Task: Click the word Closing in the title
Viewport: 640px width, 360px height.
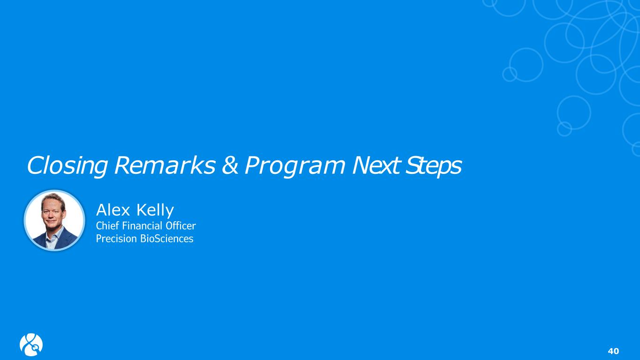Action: pos(67,166)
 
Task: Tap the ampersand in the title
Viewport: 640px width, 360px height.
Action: pos(230,165)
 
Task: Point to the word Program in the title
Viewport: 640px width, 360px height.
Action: pos(294,166)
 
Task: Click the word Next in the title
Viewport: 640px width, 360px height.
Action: pos(376,165)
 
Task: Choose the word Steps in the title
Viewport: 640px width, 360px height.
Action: pos(433,166)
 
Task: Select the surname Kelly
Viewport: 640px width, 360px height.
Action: pos(155,211)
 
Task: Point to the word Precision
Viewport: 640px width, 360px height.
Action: pos(116,239)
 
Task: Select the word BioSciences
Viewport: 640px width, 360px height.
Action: pos(167,239)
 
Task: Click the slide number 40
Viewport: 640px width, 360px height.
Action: pos(613,351)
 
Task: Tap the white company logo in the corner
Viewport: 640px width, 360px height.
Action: pos(31,345)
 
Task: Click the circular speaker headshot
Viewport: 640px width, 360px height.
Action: pos(54,220)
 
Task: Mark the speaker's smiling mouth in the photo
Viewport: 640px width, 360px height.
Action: pos(51,221)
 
